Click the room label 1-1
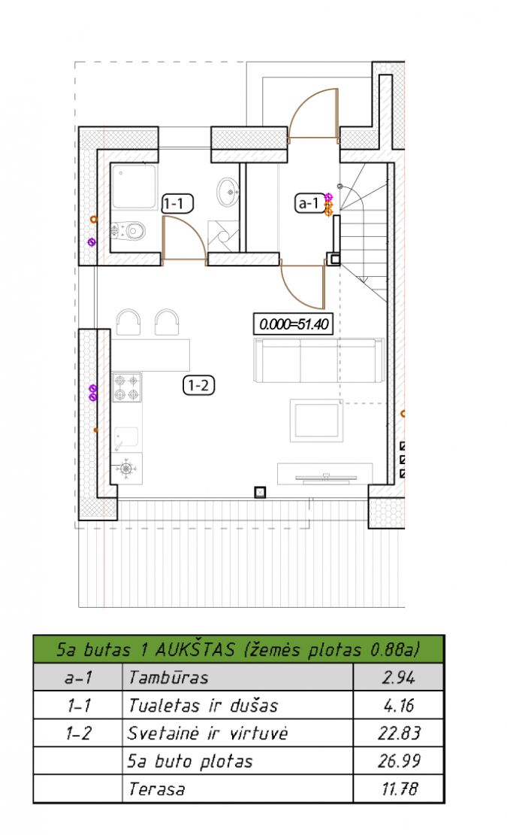point(177,203)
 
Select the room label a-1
point(309,203)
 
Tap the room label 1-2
point(199,385)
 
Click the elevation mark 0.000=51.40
point(294,323)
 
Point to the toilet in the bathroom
point(128,231)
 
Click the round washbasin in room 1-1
point(228,192)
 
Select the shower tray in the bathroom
point(134,186)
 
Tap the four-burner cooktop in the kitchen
point(127,387)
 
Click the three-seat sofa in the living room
point(319,360)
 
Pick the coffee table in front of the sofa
point(316,421)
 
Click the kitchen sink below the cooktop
point(126,439)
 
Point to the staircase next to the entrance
point(364,232)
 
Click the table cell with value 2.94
point(398,677)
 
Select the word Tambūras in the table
point(168,677)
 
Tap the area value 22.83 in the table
point(399,733)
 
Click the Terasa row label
point(156,788)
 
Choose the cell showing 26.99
point(398,761)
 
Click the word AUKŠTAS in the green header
point(195,650)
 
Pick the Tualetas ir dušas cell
point(237,705)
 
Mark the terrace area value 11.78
point(400,788)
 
